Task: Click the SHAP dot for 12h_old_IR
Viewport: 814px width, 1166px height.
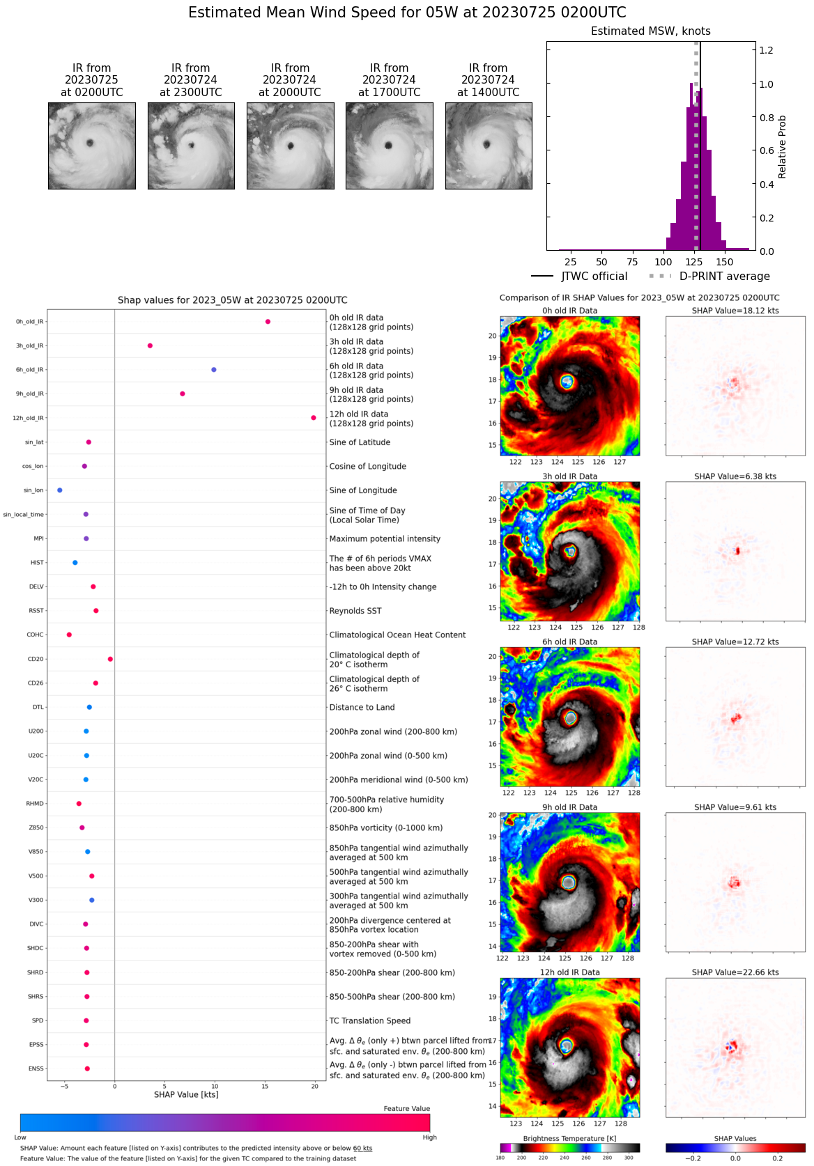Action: [314, 418]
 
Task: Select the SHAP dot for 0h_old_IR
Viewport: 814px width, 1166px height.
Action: [268, 322]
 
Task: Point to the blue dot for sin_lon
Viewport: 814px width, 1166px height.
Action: [60, 490]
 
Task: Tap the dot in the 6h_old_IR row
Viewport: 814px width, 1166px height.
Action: [214, 370]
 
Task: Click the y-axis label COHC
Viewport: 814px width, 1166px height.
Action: [35, 635]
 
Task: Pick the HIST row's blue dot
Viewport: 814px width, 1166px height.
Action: [75, 563]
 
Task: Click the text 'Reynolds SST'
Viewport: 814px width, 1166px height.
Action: [355, 611]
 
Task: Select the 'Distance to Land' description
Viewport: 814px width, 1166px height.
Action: [362, 708]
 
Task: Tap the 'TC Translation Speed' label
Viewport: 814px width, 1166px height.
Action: [369, 1021]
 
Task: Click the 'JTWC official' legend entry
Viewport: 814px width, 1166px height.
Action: [594, 277]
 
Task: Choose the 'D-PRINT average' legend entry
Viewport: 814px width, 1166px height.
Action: [724, 277]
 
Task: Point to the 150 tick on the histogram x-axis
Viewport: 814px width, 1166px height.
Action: [725, 263]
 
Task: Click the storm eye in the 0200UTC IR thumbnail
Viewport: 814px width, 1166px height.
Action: [90, 143]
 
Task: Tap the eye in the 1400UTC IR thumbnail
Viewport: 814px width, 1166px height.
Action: [487, 145]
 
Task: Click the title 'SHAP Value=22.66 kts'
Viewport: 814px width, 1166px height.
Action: [735, 972]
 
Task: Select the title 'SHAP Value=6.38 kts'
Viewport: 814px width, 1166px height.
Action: [735, 476]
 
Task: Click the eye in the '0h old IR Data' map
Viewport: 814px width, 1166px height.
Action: [567, 382]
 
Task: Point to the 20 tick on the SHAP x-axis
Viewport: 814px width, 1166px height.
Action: [315, 1086]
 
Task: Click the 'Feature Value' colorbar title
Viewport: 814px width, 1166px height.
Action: [406, 1109]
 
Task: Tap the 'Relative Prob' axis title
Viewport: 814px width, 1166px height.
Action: [782, 147]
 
